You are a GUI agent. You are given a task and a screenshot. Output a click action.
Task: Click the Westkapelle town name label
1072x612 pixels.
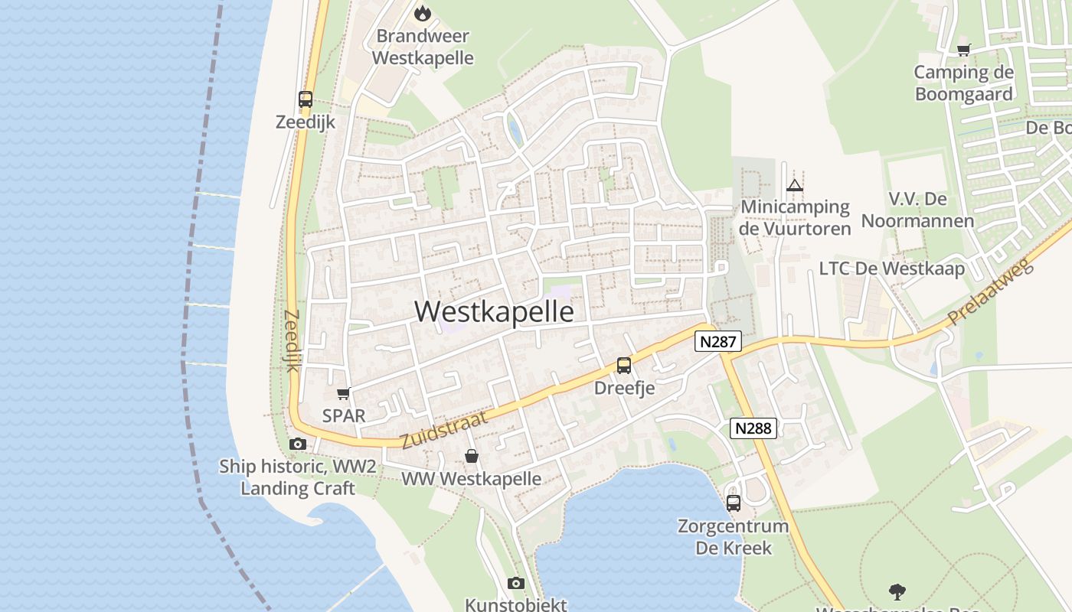point(494,312)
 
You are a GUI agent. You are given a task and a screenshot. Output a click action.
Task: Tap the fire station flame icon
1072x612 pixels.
point(422,13)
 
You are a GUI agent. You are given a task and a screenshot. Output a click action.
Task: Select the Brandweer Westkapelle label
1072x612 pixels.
point(423,47)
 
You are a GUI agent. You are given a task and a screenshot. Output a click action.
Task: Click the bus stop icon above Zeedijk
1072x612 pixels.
point(306,99)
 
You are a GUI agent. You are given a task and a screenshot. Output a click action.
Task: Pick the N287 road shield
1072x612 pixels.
point(717,341)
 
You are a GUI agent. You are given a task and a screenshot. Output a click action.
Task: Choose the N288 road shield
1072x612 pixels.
point(753,428)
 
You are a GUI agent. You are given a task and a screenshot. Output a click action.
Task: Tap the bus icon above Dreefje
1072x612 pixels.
point(624,366)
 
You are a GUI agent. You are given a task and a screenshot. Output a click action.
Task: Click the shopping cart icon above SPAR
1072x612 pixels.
point(343,394)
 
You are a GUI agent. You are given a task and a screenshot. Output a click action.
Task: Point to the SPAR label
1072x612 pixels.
point(344,416)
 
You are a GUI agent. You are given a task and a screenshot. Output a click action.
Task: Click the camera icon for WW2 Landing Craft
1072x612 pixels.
point(297,444)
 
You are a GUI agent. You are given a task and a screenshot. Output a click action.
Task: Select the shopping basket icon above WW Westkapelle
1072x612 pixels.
point(472,457)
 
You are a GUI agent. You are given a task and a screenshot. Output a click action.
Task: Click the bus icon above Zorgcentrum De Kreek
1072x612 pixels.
point(734,503)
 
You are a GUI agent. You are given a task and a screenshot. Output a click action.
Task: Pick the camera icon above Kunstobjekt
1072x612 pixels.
point(516,584)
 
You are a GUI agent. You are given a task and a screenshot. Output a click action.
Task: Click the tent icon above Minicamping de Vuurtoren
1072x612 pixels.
point(795,185)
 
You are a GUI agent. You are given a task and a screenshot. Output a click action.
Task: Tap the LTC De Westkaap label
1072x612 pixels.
point(891,269)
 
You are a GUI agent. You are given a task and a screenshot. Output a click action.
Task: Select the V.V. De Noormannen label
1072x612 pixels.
point(917,210)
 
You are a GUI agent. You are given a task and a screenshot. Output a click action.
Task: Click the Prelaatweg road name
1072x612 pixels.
point(991,293)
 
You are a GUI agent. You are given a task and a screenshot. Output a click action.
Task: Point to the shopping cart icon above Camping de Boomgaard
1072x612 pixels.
point(963,50)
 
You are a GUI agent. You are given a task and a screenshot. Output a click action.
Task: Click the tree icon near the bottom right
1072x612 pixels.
point(897,591)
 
